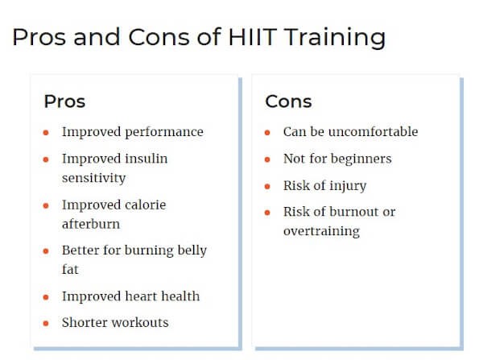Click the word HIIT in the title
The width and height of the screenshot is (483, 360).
(x=253, y=37)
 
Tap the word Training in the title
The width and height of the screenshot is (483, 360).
(x=335, y=38)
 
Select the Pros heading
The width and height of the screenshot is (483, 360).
(x=64, y=101)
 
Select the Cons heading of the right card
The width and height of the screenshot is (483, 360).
(x=289, y=101)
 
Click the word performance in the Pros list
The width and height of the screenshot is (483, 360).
(x=164, y=133)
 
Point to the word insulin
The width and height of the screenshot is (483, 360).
(x=146, y=159)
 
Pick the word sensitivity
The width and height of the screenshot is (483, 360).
(x=94, y=178)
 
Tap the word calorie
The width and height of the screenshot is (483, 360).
(x=145, y=205)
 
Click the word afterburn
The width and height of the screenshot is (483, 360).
(x=91, y=224)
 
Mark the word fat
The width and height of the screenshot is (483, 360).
(x=70, y=269)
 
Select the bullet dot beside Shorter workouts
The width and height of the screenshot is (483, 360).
(x=46, y=323)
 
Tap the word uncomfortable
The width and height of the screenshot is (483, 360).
(x=373, y=131)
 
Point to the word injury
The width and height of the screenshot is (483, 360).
(x=348, y=186)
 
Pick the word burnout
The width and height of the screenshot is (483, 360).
(x=354, y=212)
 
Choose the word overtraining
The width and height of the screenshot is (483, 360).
(x=321, y=231)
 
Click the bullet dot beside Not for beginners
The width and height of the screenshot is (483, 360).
(x=267, y=159)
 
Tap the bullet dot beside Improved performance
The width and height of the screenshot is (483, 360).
(x=46, y=133)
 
